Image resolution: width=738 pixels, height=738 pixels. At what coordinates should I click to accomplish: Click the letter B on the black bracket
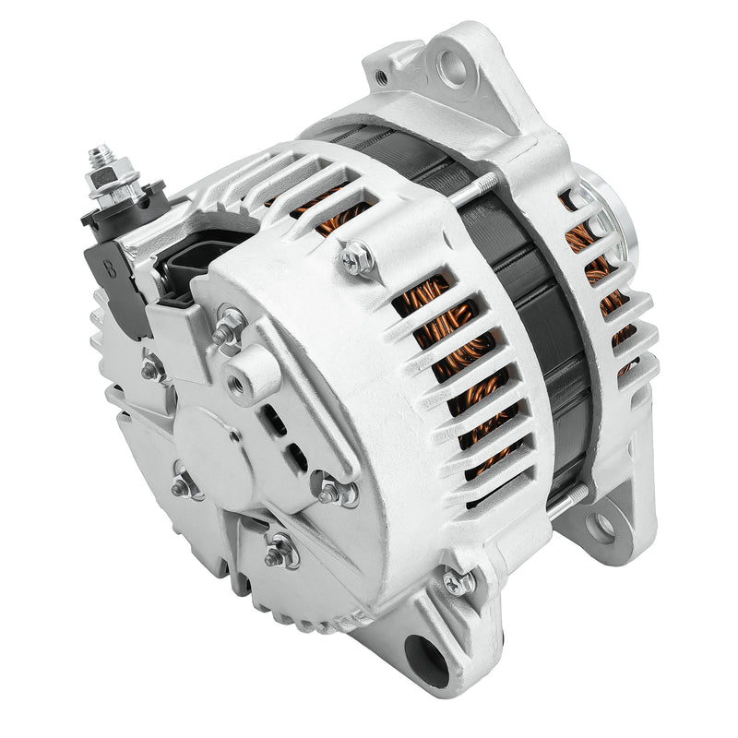coord(111,270)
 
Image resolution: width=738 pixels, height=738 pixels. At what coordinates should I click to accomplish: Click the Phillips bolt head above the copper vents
coord(358,259)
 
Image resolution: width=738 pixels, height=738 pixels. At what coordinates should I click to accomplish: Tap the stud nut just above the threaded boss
coord(229,327)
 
